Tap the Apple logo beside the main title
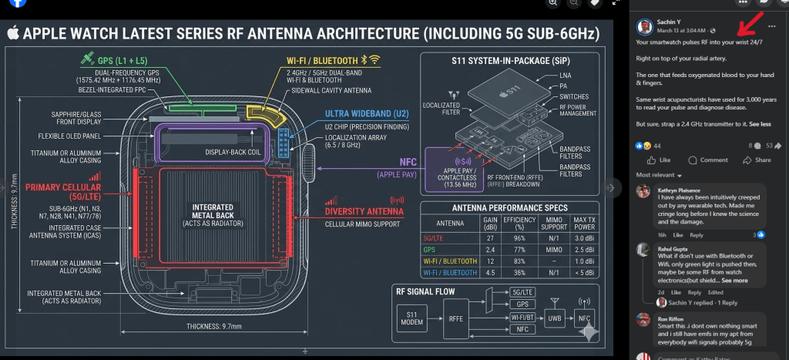[x=13, y=33]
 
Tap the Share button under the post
[x=757, y=160]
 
